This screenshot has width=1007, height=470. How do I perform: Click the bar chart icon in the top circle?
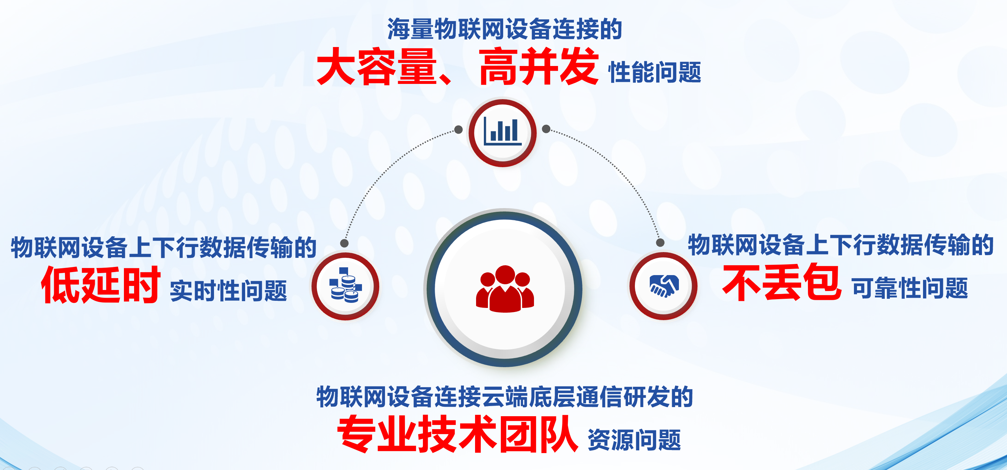(x=502, y=131)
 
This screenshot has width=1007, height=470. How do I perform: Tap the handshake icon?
(x=664, y=286)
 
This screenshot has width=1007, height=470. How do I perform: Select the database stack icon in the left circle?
(x=346, y=285)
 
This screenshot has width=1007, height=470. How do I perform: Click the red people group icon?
(x=505, y=289)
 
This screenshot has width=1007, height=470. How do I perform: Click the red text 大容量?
(x=377, y=66)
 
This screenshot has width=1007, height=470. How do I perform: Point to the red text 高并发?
(x=539, y=66)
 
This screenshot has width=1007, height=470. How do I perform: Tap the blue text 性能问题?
(x=655, y=72)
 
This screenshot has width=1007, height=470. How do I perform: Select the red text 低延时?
(x=101, y=285)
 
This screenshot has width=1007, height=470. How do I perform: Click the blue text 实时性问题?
(x=229, y=291)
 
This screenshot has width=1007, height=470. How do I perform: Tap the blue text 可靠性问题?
(x=910, y=288)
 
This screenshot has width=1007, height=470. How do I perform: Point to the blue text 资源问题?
(x=635, y=440)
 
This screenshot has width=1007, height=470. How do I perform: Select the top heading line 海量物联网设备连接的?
(x=505, y=29)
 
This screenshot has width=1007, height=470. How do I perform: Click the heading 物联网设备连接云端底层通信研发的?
(x=505, y=397)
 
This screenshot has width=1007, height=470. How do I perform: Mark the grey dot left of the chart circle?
(x=458, y=129)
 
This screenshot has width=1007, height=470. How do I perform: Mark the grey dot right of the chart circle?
(x=546, y=129)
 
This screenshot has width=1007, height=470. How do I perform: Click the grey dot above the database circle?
(x=344, y=243)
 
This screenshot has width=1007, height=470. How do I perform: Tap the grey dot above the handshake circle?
(x=660, y=242)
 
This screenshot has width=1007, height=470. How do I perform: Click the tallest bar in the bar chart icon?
(x=515, y=130)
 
